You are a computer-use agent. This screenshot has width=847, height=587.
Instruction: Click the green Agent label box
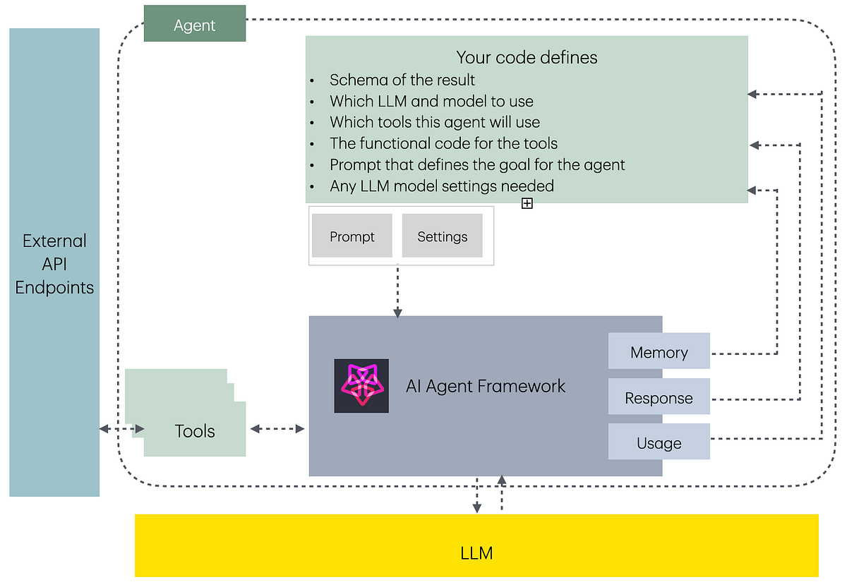pyautogui.click(x=195, y=24)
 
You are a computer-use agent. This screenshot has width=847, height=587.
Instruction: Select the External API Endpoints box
pyautogui.click(x=54, y=262)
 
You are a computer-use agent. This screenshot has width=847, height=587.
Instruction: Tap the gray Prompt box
pyautogui.click(x=352, y=236)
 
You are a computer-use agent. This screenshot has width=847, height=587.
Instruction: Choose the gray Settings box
pyautogui.click(x=442, y=236)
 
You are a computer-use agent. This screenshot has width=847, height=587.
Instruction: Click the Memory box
pyautogui.click(x=659, y=352)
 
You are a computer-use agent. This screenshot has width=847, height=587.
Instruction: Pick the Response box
pyautogui.click(x=659, y=398)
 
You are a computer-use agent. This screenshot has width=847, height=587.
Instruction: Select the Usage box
pyautogui.click(x=659, y=443)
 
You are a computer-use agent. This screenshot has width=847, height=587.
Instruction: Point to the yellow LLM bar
pyautogui.click(x=476, y=552)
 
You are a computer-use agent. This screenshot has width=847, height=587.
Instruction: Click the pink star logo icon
pyautogui.click(x=361, y=386)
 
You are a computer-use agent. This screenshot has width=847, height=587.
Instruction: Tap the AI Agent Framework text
pyautogui.click(x=486, y=386)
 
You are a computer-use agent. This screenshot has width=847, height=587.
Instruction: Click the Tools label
pyautogui.click(x=195, y=431)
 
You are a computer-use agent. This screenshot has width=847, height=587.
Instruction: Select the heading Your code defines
pyautogui.click(x=527, y=57)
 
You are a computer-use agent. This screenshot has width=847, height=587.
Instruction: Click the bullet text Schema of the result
pyautogui.click(x=402, y=80)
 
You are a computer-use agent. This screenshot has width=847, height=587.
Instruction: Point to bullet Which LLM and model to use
pyautogui.click(x=431, y=101)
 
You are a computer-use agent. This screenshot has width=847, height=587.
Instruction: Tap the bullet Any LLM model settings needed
pyautogui.click(x=441, y=186)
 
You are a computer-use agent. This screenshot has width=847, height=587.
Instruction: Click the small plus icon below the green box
pyautogui.click(x=527, y=203)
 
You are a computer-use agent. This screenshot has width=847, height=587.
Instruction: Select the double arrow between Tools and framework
pyautogui.click(x=277, y=429)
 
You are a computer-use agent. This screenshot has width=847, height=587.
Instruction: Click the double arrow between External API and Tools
pyautogui.click(x=121, y=429)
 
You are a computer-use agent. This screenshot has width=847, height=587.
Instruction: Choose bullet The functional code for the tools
pyautogui.click(x=443, y=144)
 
